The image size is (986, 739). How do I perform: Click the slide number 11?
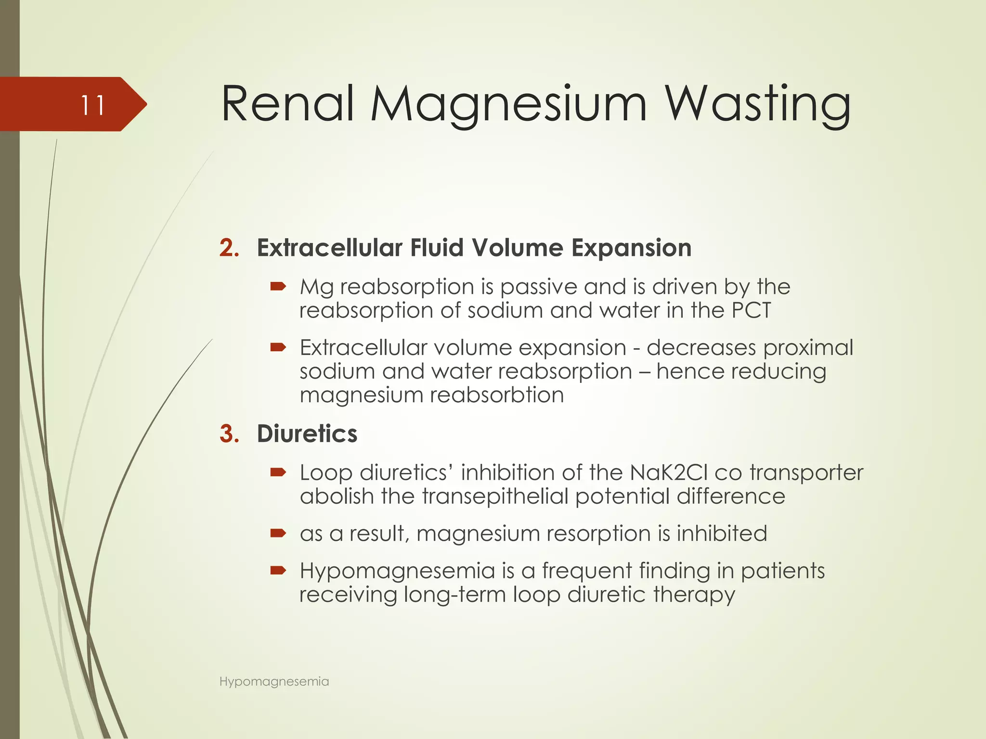[92, 105]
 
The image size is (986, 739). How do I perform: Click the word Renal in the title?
[287, 104]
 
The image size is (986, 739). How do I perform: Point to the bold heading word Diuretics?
[307, 433]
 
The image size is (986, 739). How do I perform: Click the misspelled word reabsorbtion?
[496, 395]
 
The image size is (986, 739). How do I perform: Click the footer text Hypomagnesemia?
[274, 681]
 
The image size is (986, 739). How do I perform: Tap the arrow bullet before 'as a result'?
[278, 533]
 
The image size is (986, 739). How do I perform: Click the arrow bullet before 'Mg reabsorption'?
[278, 287]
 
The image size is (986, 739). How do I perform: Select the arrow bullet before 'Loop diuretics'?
[278, 472]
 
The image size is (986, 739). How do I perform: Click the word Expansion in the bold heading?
[631, 248]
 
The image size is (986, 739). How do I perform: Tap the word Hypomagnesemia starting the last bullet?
[397, 571]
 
